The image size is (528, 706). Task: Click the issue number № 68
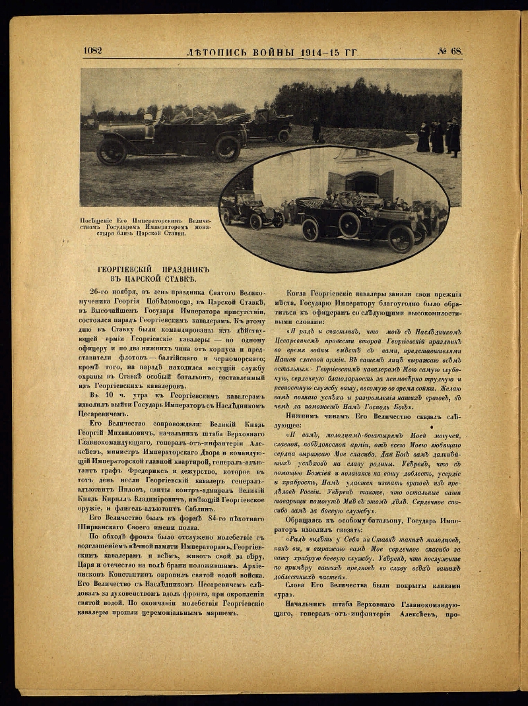pos(449,51)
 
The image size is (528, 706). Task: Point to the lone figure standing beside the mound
pos(316,130)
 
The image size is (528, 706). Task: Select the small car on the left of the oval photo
pos(251,210)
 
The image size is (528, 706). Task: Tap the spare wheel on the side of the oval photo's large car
pos(348,224)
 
